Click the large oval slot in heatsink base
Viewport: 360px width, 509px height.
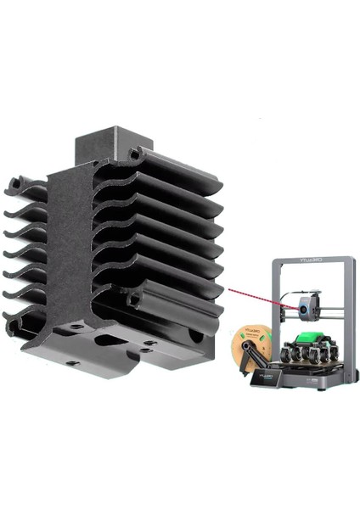coord(110,339)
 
